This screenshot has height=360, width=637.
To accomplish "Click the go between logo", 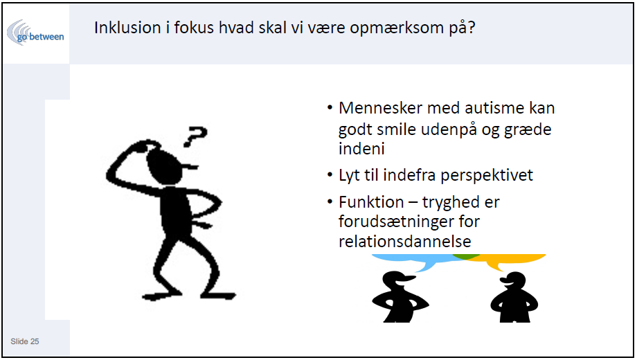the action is point(35,33).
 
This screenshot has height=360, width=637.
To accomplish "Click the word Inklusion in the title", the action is point(127,28).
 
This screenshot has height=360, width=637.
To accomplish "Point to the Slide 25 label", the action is point(25,341).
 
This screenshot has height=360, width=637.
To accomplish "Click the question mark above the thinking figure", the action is point(195,136).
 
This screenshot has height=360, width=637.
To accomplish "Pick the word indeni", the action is point(361,149).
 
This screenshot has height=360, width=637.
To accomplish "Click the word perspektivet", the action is point(487,176).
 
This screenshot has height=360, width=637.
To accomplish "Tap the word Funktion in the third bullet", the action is point(371,202).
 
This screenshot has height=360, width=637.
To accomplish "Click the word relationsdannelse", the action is point(404,242).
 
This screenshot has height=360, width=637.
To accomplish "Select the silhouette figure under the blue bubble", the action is point(400,297).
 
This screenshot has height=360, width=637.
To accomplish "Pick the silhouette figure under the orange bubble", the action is point(514,297).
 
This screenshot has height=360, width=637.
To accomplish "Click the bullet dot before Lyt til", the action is point(330,175).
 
